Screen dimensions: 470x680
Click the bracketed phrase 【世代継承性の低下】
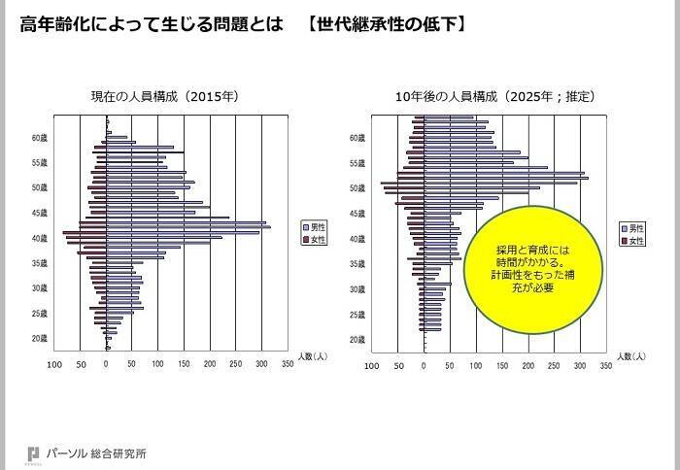click(382, 21)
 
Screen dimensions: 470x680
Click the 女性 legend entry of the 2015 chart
click(317, 239)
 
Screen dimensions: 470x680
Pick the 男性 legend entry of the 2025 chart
click(632, 225)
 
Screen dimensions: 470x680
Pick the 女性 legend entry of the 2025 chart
click(632, 240)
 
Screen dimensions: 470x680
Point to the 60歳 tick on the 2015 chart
click(42, 138)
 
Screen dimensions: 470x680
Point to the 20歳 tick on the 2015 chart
click(42, 339)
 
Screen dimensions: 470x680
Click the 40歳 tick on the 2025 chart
click(358, 238)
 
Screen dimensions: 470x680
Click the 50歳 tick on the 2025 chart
click(358, 187)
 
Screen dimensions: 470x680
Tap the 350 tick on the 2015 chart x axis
click(288, 365)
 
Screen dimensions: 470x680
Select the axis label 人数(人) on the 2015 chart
click(313, 356)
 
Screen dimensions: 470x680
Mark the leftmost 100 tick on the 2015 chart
click(54, 365)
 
